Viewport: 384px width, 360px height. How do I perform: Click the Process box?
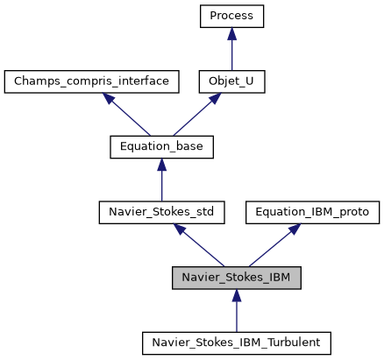point(231,16)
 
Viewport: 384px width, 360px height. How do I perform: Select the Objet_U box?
point(231,81)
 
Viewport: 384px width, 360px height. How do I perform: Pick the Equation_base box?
point(161,146)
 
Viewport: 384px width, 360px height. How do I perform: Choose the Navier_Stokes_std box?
point(161,211)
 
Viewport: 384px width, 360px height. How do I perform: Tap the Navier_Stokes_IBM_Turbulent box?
point(237,342)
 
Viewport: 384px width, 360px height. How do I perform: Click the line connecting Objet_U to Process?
point(231,53)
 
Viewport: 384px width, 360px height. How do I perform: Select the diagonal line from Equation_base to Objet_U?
point(194,116)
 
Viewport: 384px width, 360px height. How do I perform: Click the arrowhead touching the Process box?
point(231,32)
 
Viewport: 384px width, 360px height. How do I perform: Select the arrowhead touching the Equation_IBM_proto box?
point(294,228)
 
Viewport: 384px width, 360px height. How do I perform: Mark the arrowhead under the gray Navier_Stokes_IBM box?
point(237,294)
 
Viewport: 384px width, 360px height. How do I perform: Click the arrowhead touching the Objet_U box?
point(213,98)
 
